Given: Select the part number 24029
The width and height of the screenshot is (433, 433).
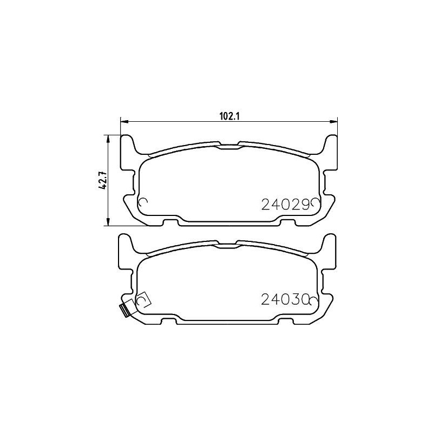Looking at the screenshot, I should click(285, 204).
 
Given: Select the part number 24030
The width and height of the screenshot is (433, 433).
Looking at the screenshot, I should click(285, 299).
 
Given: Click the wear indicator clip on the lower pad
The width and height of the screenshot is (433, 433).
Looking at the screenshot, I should click(123, 310).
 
